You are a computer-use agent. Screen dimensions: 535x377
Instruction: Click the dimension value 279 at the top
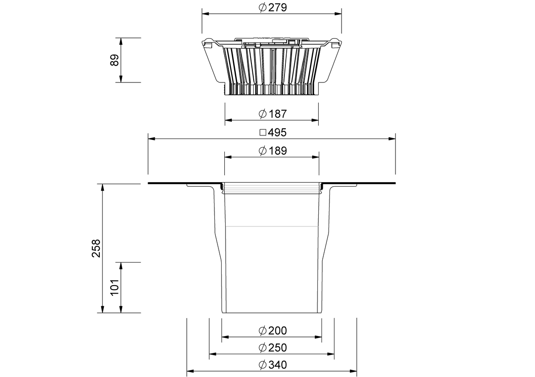(x=277, y=8)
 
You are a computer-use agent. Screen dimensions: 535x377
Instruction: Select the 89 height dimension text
(x=115, y=60)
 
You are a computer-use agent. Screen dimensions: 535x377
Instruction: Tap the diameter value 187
(x=277, y=114)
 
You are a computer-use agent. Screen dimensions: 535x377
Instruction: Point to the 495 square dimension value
(x=277, y=132)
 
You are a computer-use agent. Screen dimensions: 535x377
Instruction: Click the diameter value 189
(x=277, y=151)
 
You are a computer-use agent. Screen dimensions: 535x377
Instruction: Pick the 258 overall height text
(x=96, y=248)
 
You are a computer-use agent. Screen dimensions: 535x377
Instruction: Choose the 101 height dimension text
(x=115, y=287)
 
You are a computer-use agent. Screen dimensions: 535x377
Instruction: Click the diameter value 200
(x=277, y=331)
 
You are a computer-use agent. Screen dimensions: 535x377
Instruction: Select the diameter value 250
(x=277, y=348)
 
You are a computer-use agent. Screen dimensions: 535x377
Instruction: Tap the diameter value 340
(x=277, y=365)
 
